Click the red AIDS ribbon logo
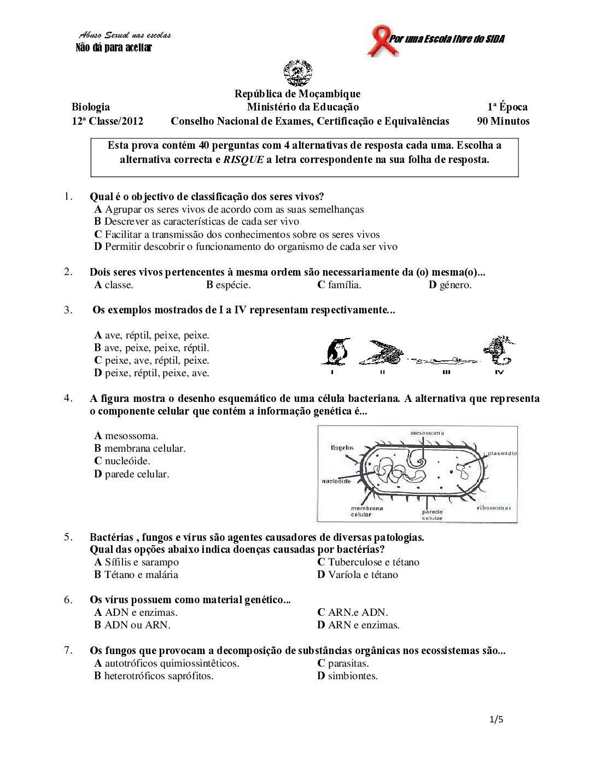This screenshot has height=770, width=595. click(378, 40)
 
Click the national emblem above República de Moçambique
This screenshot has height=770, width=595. click(297, 73)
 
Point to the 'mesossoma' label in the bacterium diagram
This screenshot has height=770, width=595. click(427, 433)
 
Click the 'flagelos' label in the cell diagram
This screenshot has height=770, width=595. click(342, 448)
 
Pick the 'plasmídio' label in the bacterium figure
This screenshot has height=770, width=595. click(501, 453)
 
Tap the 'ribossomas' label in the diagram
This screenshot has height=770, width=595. click(493, 507)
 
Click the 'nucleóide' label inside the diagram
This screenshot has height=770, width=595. click(336, 481)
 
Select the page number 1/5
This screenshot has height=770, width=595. click(497, 720)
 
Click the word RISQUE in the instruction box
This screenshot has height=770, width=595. click(243, 160)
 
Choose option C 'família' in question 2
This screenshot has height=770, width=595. click(339, 285)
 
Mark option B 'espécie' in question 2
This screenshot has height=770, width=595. click(228, 285)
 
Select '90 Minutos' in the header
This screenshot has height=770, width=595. click(503, 121)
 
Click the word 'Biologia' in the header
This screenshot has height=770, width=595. click(91, 107)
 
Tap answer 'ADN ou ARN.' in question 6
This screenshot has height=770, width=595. click(132, 625)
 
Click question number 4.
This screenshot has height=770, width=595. click(68, 398)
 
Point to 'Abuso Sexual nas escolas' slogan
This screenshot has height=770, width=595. click(125, 36)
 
